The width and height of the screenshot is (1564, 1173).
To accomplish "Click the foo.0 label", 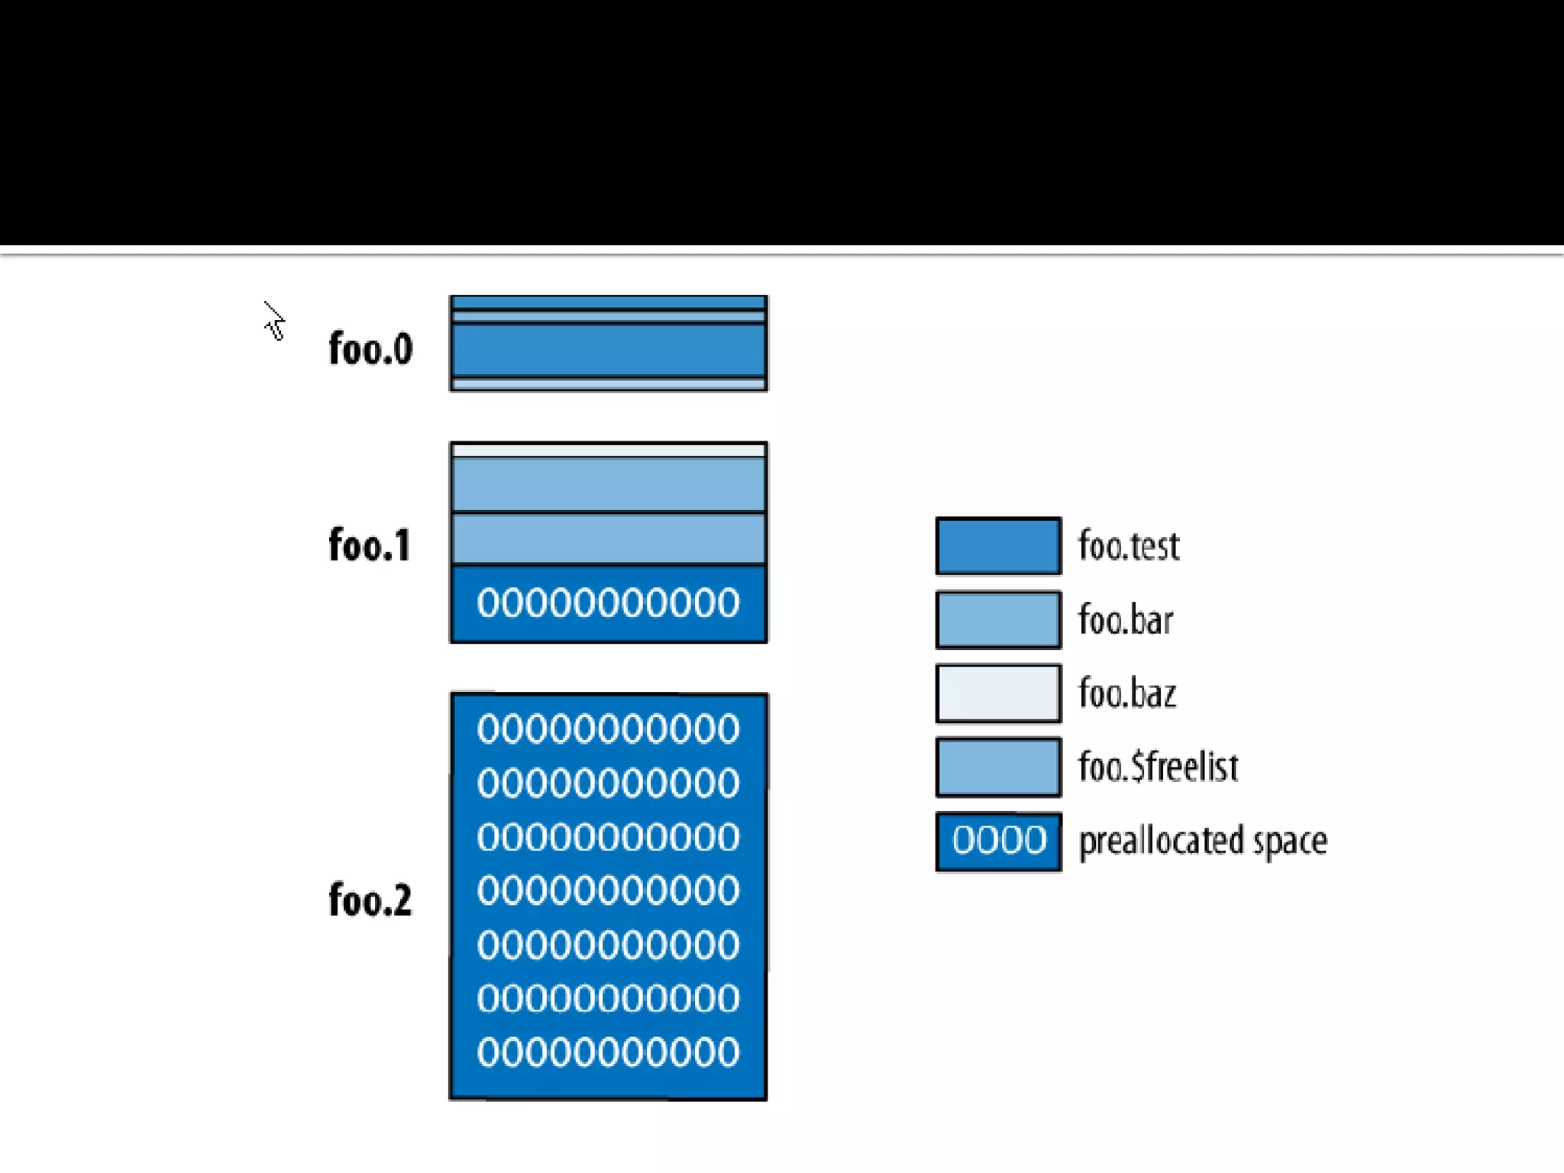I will click(370, 349).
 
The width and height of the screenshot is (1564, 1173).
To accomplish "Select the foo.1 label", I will click(370, 545).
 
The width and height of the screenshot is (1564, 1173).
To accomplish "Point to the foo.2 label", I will click(370, 900).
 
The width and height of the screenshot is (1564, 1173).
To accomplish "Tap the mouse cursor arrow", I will click(274, 321).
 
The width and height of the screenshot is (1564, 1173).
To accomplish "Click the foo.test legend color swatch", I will click(998, 546).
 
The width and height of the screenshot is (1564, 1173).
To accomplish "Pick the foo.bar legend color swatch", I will click(998, 619).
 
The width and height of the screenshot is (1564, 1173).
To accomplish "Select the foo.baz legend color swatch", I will click(998, 693).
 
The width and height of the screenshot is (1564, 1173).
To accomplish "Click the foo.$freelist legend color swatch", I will click(998, 767).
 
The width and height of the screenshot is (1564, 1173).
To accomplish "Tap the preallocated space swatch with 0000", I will click(998, 841).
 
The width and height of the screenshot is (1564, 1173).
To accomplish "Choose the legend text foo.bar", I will click(1126, 620).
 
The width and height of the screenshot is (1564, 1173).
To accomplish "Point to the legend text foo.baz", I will click(1127, 693).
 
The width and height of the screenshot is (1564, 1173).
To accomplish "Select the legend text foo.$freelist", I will click(1158, 767).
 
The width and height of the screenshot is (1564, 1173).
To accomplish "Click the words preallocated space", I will click(1203, 841).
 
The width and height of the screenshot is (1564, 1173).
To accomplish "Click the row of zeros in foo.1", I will click(609, 603).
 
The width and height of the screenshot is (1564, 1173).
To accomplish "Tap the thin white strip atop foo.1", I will click(609, 451).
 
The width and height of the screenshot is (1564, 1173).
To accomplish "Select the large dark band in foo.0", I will click(609, 351).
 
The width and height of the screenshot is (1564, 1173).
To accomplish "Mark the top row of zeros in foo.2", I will click(609, 729).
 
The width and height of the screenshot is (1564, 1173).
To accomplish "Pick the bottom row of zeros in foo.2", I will click(609, 1052).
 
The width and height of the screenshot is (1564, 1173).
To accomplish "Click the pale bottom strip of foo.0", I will click(609, 384).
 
